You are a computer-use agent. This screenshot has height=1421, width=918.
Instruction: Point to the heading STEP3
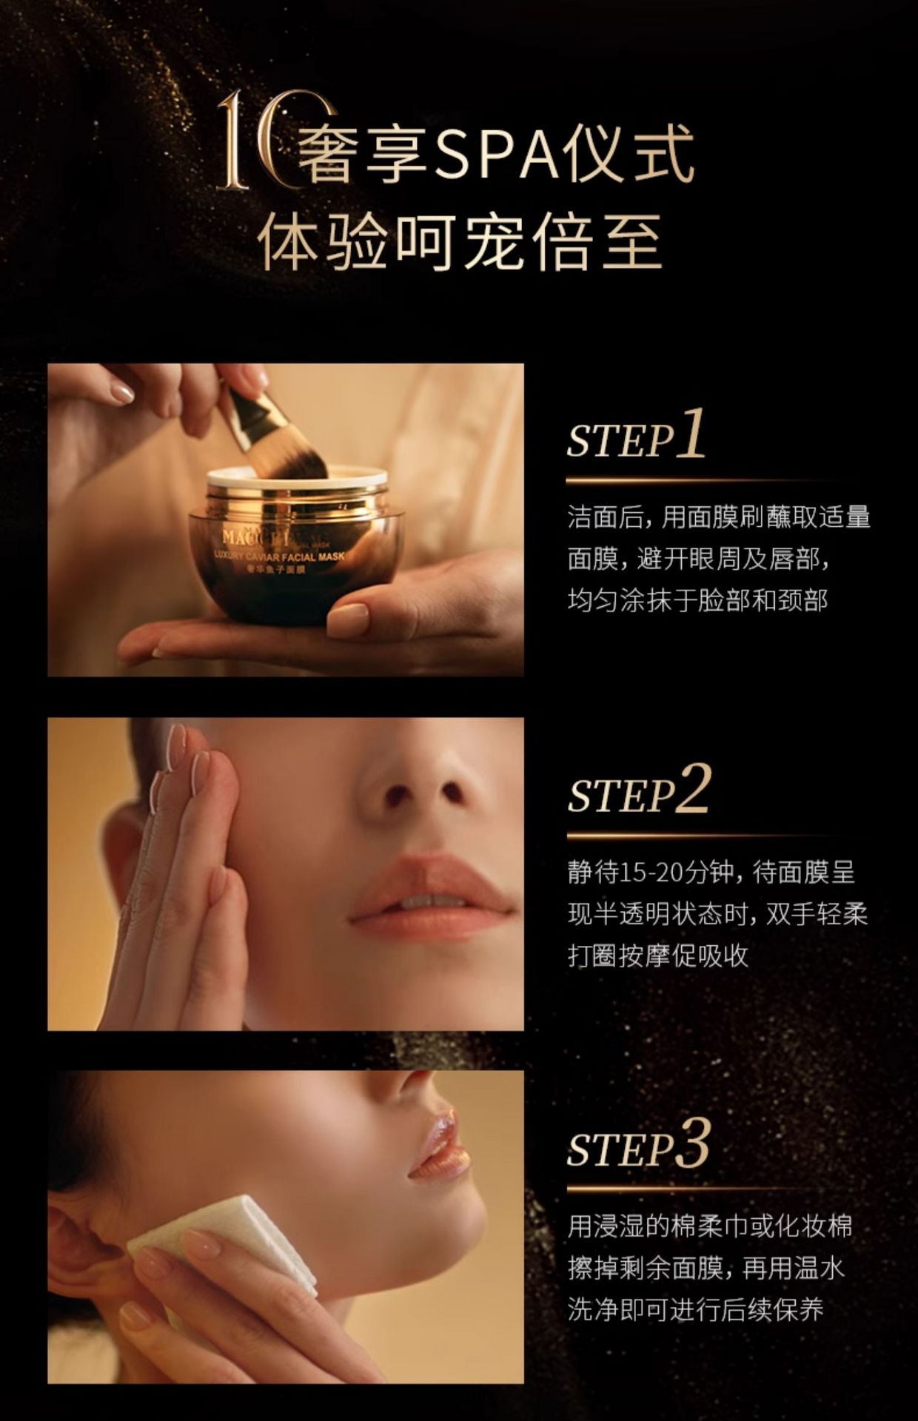coord(638,1146)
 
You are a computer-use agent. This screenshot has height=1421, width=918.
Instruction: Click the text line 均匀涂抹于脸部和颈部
coord(697,600)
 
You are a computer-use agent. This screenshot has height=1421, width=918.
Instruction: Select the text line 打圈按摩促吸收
coord(657,955)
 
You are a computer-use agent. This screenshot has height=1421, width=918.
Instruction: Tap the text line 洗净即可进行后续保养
coord(695,1311)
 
